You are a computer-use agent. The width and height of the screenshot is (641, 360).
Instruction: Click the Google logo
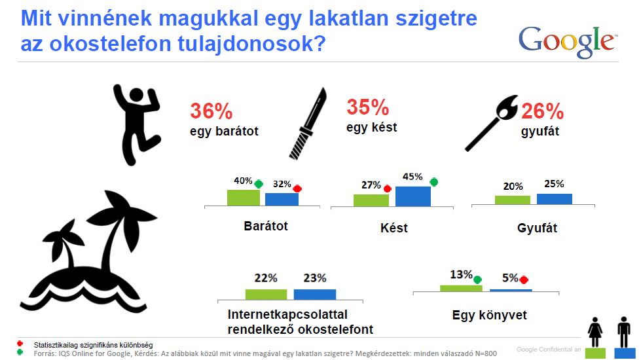click(x=568, y=42)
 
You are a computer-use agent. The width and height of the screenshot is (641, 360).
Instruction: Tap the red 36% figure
click(x=211, y=111)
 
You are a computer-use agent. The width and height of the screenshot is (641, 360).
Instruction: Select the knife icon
click(x=308, y=123)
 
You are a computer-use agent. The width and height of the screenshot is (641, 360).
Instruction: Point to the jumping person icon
click(x=137, y=124)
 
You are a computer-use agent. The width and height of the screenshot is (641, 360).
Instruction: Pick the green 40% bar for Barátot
click(x=243, y=198)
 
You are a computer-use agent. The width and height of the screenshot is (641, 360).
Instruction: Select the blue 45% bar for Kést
click(x=413, y=196)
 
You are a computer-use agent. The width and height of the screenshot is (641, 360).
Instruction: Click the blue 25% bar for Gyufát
click(x=555, y=199)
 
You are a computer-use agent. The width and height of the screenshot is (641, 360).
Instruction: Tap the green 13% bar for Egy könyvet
click(x=461, y=289)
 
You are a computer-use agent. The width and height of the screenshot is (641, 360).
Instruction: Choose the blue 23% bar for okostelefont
click(x=315, y=295)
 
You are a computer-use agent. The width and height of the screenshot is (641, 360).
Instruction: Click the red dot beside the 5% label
click(x=524, y=279)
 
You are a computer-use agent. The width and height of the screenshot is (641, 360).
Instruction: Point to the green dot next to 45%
click(x=434, y=182)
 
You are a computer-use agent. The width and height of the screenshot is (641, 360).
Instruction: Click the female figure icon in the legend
click(x=595, y=333)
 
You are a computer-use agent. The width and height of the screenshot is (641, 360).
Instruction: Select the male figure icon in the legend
click(x=624, y=332)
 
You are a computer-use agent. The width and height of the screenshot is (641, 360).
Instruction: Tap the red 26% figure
click(x=542, y=111)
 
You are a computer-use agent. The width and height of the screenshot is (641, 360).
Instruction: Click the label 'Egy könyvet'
click(x=489, y=315)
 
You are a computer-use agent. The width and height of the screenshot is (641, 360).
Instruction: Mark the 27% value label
click(x=371, y=185)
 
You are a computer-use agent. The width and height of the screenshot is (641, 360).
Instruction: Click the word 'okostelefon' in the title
click(x=111, y=44)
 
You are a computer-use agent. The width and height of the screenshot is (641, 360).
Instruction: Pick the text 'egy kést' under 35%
click(x=372, y=128)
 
